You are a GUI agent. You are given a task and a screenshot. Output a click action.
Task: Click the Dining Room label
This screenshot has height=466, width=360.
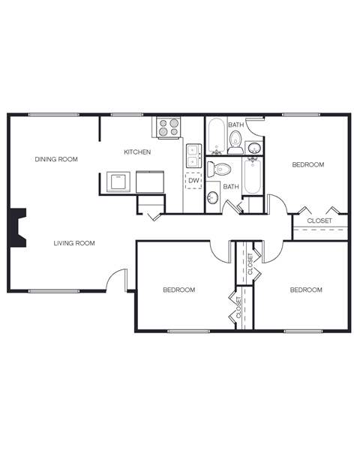[56, 159]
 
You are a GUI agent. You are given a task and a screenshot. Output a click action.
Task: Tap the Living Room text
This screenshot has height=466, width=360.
[73, 243]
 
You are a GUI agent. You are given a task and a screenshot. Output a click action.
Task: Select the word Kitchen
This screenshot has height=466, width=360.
[137, 152]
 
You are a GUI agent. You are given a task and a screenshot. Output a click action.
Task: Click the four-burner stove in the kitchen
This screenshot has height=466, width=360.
[169, 127]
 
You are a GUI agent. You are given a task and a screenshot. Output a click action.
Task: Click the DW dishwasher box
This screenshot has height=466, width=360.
[193, 181]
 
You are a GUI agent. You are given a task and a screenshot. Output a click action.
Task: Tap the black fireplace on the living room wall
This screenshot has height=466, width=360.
[16, 228]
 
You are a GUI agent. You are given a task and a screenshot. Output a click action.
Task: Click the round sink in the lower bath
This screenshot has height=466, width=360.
[212, 197]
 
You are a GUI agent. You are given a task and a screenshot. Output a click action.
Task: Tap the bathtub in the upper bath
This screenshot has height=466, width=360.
[215, 136]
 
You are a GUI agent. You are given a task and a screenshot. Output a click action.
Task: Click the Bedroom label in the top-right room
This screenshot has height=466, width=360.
[307, 164]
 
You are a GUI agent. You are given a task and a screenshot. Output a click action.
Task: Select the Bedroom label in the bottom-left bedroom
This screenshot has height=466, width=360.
[179, 290]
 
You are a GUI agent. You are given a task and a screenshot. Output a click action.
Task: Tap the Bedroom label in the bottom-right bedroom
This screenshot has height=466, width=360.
[306, 290]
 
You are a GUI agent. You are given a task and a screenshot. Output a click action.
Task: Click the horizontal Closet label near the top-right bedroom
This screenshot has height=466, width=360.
[319, 221]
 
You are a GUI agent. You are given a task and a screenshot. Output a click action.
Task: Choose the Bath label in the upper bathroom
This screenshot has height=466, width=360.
[235, 125]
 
